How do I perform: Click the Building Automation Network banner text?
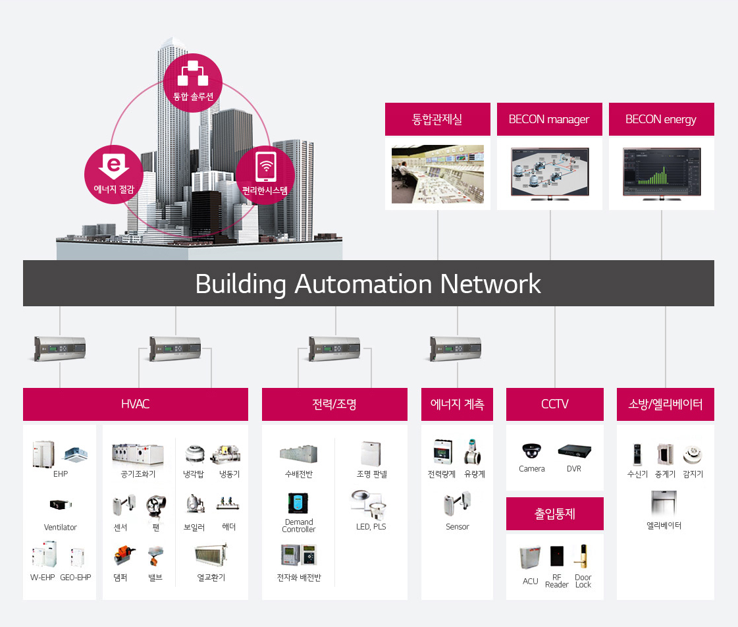[x=368, y=284]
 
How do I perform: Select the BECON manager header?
[x=549, y=119]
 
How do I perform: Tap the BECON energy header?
[x=661, y=119]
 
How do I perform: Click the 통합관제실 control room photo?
[x=437, y=174]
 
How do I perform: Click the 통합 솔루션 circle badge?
[x=193, y=82]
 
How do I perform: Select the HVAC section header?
[x=136, y=404]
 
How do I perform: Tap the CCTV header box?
[x=554, y=404]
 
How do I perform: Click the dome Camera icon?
[x=531, y=451]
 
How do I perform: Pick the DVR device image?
[x=574, y=451]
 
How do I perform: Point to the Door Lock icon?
[x=583, y=557]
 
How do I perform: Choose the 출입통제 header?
[x=554, y=514]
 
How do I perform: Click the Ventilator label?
[x=61, y=528]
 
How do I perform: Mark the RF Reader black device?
[x=557, y=557]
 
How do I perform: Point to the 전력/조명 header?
[x=334, y=404]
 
